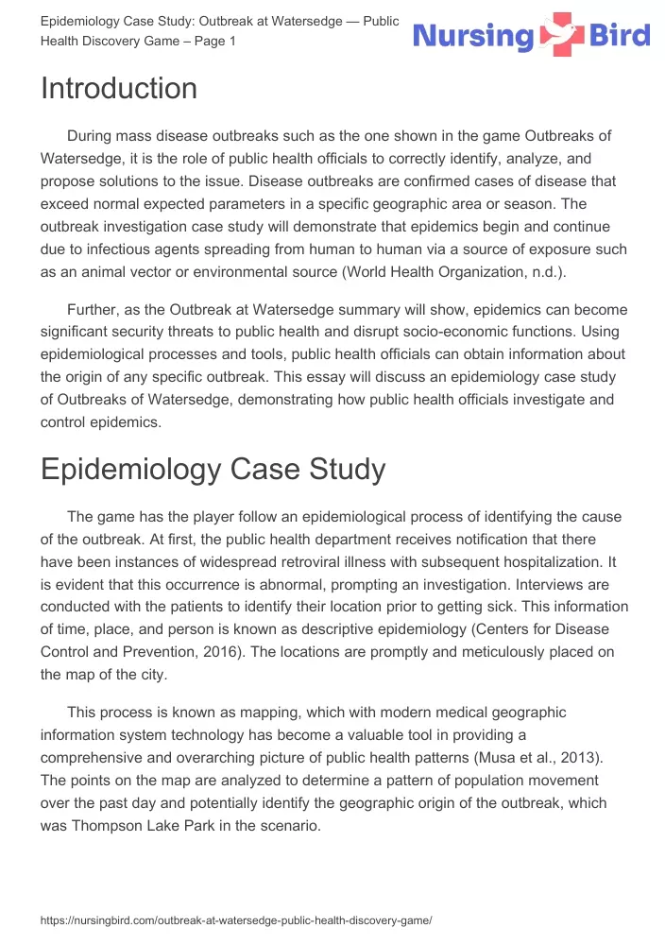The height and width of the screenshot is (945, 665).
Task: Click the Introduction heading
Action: [x=119, y=89]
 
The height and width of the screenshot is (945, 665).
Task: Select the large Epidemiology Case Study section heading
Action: [x=213, y=469]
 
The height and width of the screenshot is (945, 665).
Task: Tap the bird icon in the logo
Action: [x=563, y=35]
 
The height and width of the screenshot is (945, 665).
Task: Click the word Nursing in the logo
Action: [x=474, y=37]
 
